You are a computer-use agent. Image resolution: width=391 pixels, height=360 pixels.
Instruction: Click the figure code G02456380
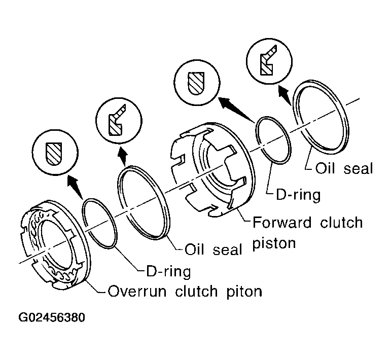(x=52, y=318)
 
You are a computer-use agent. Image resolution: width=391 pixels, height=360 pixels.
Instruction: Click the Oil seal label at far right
(x=343, y=168)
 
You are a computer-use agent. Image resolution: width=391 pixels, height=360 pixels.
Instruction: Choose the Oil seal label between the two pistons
(x=214, y=249)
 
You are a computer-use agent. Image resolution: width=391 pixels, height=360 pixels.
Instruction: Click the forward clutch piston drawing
(x=213, y=167)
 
